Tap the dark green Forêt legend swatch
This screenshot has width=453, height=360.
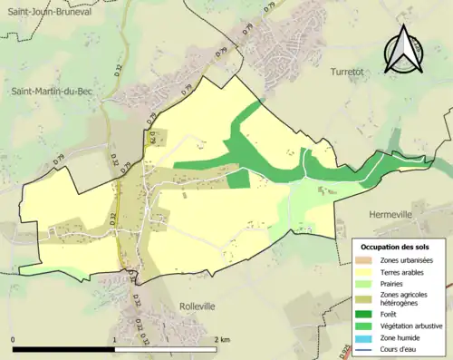pyautogui.click(x=364, y=315)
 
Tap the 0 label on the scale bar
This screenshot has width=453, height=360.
pyautogui.click(x=14, y=339)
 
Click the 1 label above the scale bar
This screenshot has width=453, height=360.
pyautogui.click(x=114, y=339)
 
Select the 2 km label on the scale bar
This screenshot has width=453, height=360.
pyautogui.click(x=221, y=339)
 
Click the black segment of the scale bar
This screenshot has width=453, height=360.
pyautogui.click(x=63, y=349)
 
